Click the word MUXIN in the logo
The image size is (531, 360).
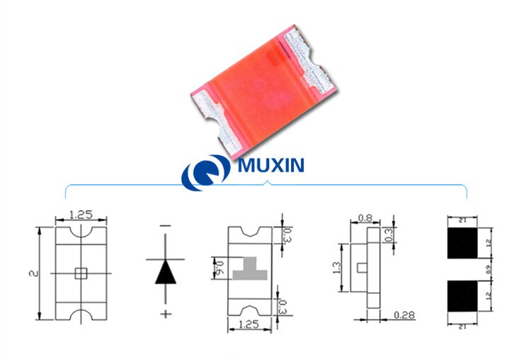tap(272, 167)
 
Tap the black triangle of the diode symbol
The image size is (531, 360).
tap(166, 271)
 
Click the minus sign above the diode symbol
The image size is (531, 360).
tap(166, 226)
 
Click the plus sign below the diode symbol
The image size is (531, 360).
tap(166, 313)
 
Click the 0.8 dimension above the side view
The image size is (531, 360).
tap(365, 218)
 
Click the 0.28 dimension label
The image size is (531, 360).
tap(404, 313)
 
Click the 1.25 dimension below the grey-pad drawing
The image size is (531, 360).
tap(249, 325)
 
